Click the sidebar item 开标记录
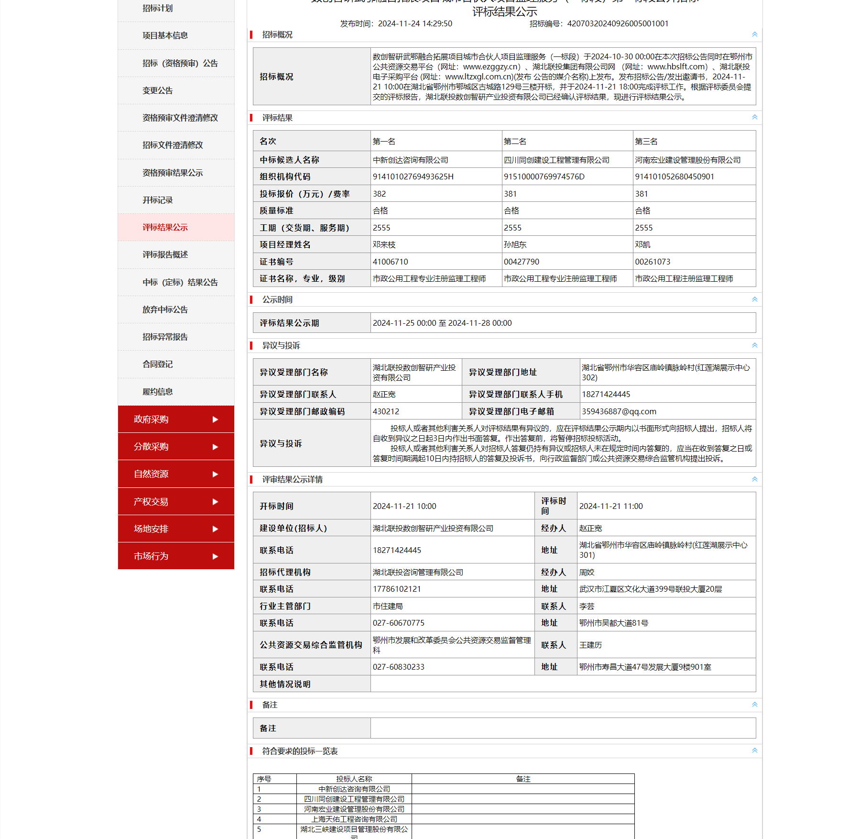[x=158, y=200]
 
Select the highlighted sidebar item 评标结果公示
[x=165, y=227]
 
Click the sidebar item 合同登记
[x=158, y=364]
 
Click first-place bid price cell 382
[x=380, y=194]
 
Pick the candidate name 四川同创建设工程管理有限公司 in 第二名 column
[x=556, y=160]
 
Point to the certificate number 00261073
[x=653, y=262]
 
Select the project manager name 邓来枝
[x=384, y=244]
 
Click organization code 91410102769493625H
[x=413, y=177]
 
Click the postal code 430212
[x=386, y=411]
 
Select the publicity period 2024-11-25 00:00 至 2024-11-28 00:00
[x=442, y=323]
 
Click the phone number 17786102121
[x=397, y=589]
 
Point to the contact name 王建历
[x=590, y=645]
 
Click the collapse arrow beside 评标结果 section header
[x=754, y=117]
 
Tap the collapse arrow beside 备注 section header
[x=754, y=705]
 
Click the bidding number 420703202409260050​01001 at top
[x=618, y=23]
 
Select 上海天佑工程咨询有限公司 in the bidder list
[x=354, y=819]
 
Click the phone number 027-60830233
[x=399, y=667]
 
